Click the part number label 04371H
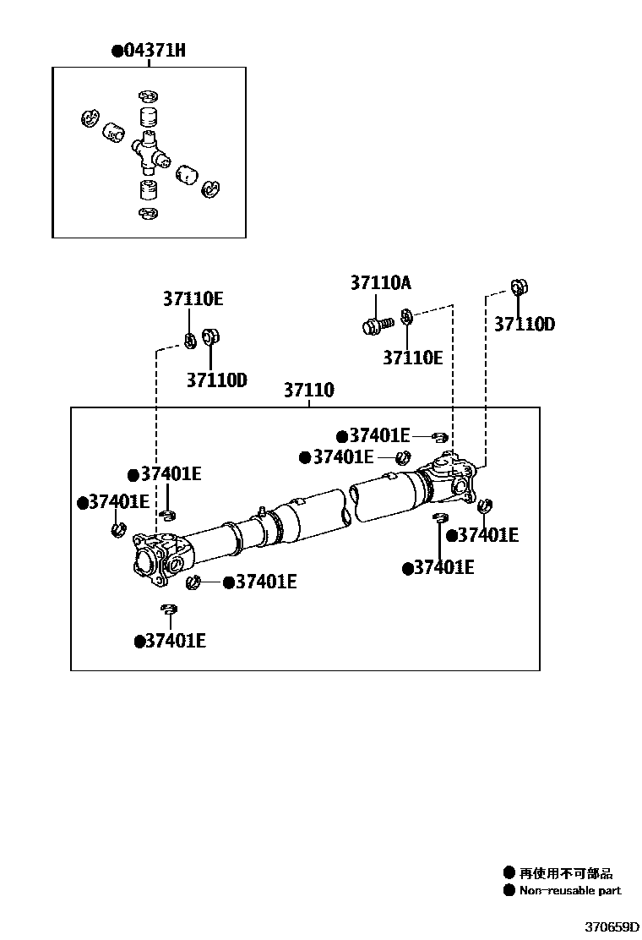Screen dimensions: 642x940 [155, 50]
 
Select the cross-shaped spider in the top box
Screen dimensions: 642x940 [150, 150]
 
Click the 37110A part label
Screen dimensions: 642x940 [381, 282]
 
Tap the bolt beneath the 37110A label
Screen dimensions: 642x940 [378, 325]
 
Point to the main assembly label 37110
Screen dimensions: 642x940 [308, 391]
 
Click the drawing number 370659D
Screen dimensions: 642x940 [612, 926]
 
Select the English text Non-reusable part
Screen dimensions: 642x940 [570, 890]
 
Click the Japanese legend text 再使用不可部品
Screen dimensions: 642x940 [566, 873]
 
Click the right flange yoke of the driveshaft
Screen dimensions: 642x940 [450, 478]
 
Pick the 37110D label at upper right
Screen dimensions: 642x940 [524, 325]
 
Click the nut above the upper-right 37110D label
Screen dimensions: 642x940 [519, 287]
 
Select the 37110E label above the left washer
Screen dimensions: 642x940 [193, 298]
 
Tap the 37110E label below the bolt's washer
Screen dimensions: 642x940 [412, 358]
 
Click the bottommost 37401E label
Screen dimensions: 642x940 [176, 641]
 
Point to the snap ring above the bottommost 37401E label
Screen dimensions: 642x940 [170, 609]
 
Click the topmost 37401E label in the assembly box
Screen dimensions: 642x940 [379, 435]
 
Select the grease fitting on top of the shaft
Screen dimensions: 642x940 [262, 511]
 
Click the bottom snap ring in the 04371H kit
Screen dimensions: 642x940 [148, 213]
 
